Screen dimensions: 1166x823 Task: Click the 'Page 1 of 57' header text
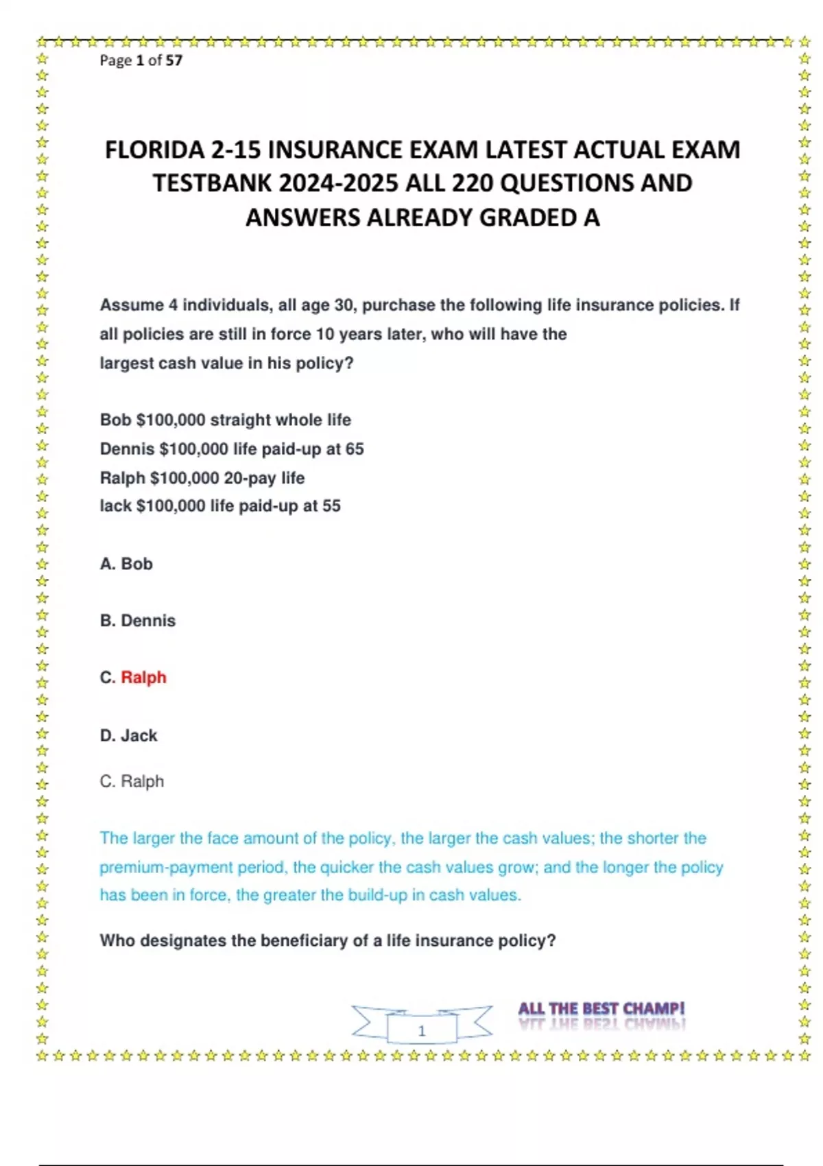pyautogui.click(x=141, y=60)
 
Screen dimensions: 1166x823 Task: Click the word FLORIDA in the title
pyautogui.click(x=154, y=150)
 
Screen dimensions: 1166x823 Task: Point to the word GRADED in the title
pyautogui.click(x=527, y=217)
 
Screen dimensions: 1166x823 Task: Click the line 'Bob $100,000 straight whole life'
pyautogui.click(x=225, y=420)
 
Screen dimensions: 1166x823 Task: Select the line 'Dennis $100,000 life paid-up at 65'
pyautogui.click(x=232, y=449)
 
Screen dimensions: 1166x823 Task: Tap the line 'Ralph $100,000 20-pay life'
pyautogui.click(x=202, y=478)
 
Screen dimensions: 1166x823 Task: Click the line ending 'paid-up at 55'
pyautogui.click(x=220, y=506)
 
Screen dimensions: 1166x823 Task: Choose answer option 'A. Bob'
pyautogui.click(x=126, y=564)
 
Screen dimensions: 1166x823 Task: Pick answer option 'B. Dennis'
pyautogui.click(x=138, y=621)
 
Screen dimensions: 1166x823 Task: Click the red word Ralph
pyautogui.click(x=143, y=678)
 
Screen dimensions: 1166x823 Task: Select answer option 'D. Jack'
pyautogui.click(x=129, y=736)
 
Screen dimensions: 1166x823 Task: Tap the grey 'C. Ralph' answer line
pyautogui.click(x=132, y=781)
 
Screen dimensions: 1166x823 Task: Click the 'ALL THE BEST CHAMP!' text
pyautogui.click(x=601, y=1009)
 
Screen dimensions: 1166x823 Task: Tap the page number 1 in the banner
pyautogui.click(x=422, y=1030)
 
